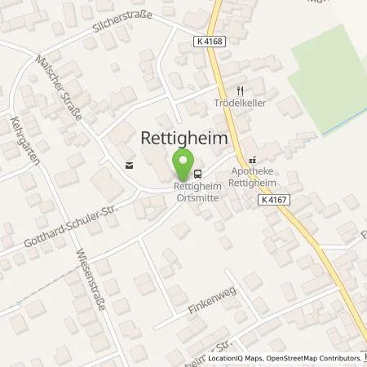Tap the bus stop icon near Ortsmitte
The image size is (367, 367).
tap(198, 173)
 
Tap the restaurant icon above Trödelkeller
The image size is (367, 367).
tap(240, 91)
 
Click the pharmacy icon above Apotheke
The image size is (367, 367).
tap(253, 161)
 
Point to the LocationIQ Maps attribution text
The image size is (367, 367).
tap(231, 358)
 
